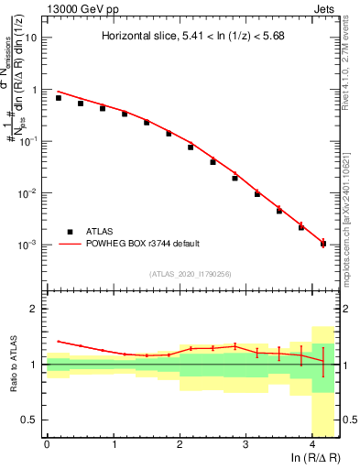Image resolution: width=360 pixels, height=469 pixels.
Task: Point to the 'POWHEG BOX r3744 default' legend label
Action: click(x=139, y=244)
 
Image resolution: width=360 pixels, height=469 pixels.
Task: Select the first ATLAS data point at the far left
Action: click(x=59, y=97)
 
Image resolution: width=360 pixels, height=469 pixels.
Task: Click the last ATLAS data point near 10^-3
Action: click(x=323, y=244)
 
